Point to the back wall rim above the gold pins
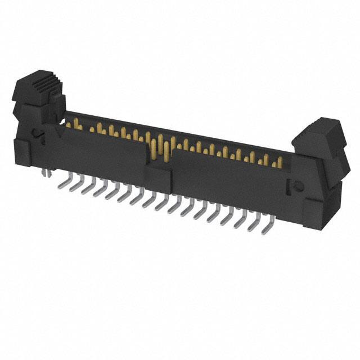pos(180,130)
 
